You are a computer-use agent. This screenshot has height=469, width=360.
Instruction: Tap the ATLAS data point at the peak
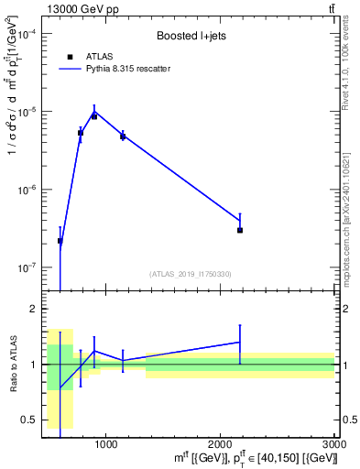(94, 116)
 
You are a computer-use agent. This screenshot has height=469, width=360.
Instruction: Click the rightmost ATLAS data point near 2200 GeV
(240, 230)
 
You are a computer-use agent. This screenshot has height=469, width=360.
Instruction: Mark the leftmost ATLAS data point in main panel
(60, 241)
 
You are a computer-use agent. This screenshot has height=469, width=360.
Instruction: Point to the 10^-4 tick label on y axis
(27, 34)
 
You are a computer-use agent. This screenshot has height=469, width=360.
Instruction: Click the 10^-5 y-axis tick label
(27, 112)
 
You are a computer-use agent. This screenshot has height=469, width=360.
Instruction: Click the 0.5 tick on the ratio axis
(32, 420)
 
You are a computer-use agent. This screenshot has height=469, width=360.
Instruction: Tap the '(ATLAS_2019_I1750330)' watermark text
(191, 274)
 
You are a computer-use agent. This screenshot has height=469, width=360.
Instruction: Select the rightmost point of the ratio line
(240, 342)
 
